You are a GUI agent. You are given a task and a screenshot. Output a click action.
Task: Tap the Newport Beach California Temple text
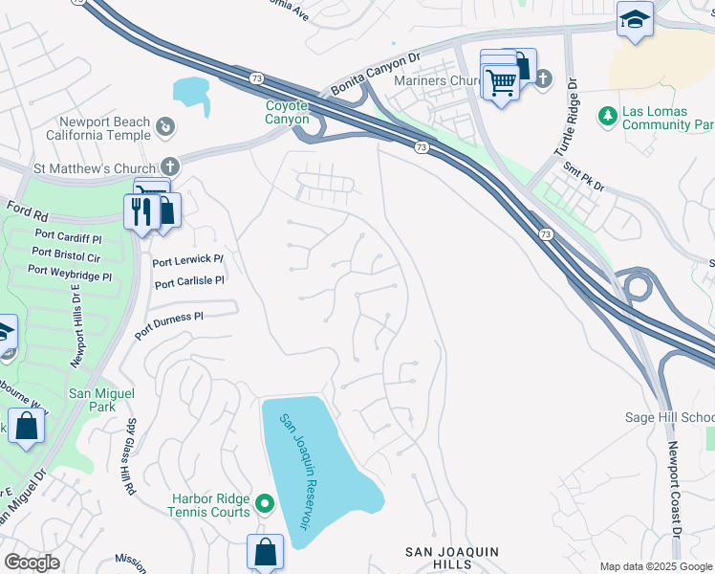[105, 128]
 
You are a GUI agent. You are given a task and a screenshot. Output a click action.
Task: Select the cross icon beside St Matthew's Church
[170, 166]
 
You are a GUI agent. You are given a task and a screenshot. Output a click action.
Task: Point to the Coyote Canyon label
[287, 113]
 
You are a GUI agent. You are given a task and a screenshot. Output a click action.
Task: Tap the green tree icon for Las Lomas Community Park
[606, 117]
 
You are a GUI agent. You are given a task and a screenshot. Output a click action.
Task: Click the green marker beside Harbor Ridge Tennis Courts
[265, 502]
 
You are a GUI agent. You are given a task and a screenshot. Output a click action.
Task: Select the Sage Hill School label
[669, 417]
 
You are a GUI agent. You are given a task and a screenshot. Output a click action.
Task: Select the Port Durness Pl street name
[169, 322]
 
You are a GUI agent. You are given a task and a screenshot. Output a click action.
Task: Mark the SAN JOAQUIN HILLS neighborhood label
[452, 558]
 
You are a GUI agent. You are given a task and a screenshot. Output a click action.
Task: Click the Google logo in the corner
[32, 563]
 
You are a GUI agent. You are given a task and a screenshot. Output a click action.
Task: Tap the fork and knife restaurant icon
[141, 210]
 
